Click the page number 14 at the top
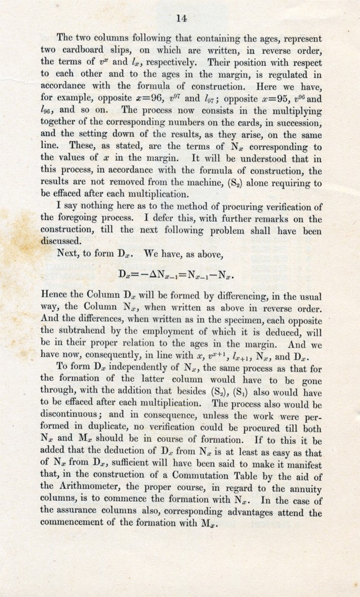coord(181,19)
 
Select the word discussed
coord(60,241)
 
